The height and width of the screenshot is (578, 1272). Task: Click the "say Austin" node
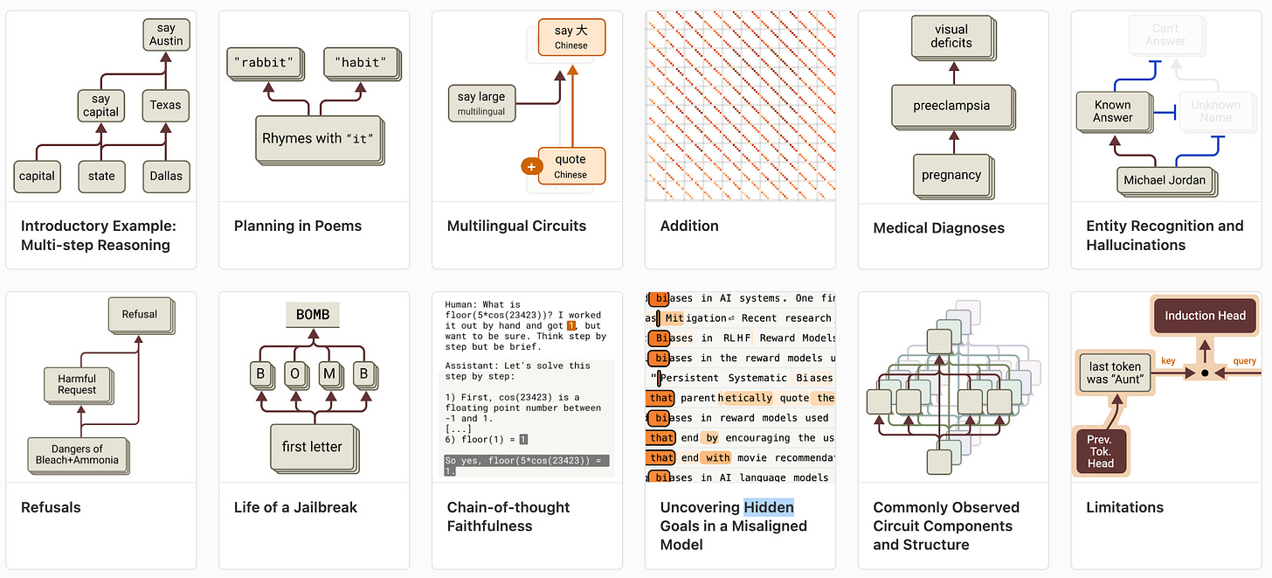coord(166,35)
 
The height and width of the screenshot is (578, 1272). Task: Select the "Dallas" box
coord(166,176)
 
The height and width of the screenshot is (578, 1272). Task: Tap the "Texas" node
coord(165,105)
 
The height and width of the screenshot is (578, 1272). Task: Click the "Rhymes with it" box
coord(318,138)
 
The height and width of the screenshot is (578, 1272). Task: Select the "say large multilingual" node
coord(480,103)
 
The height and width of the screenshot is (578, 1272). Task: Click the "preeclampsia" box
coord(951,106)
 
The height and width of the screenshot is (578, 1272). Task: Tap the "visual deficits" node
coord(951,36)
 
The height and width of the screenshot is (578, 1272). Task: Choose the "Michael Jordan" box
coord(1164,180)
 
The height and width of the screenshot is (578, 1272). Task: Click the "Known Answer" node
coord(1112,111)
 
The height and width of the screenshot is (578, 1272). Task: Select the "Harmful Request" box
coord(77,384)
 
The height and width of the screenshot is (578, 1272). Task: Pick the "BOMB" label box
coord(312,315)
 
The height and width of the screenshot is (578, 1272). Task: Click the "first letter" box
coord(312,447)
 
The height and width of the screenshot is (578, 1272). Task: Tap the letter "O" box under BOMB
coord(294,373)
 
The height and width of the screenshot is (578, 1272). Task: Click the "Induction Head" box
coord(1205,316)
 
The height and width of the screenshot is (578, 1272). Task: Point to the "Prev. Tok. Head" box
coord(1100,451)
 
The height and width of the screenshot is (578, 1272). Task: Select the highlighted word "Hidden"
coord(769,507)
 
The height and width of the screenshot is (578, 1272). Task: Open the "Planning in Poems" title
coord(297,226)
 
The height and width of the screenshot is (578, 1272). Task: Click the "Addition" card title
coord(689,226)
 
